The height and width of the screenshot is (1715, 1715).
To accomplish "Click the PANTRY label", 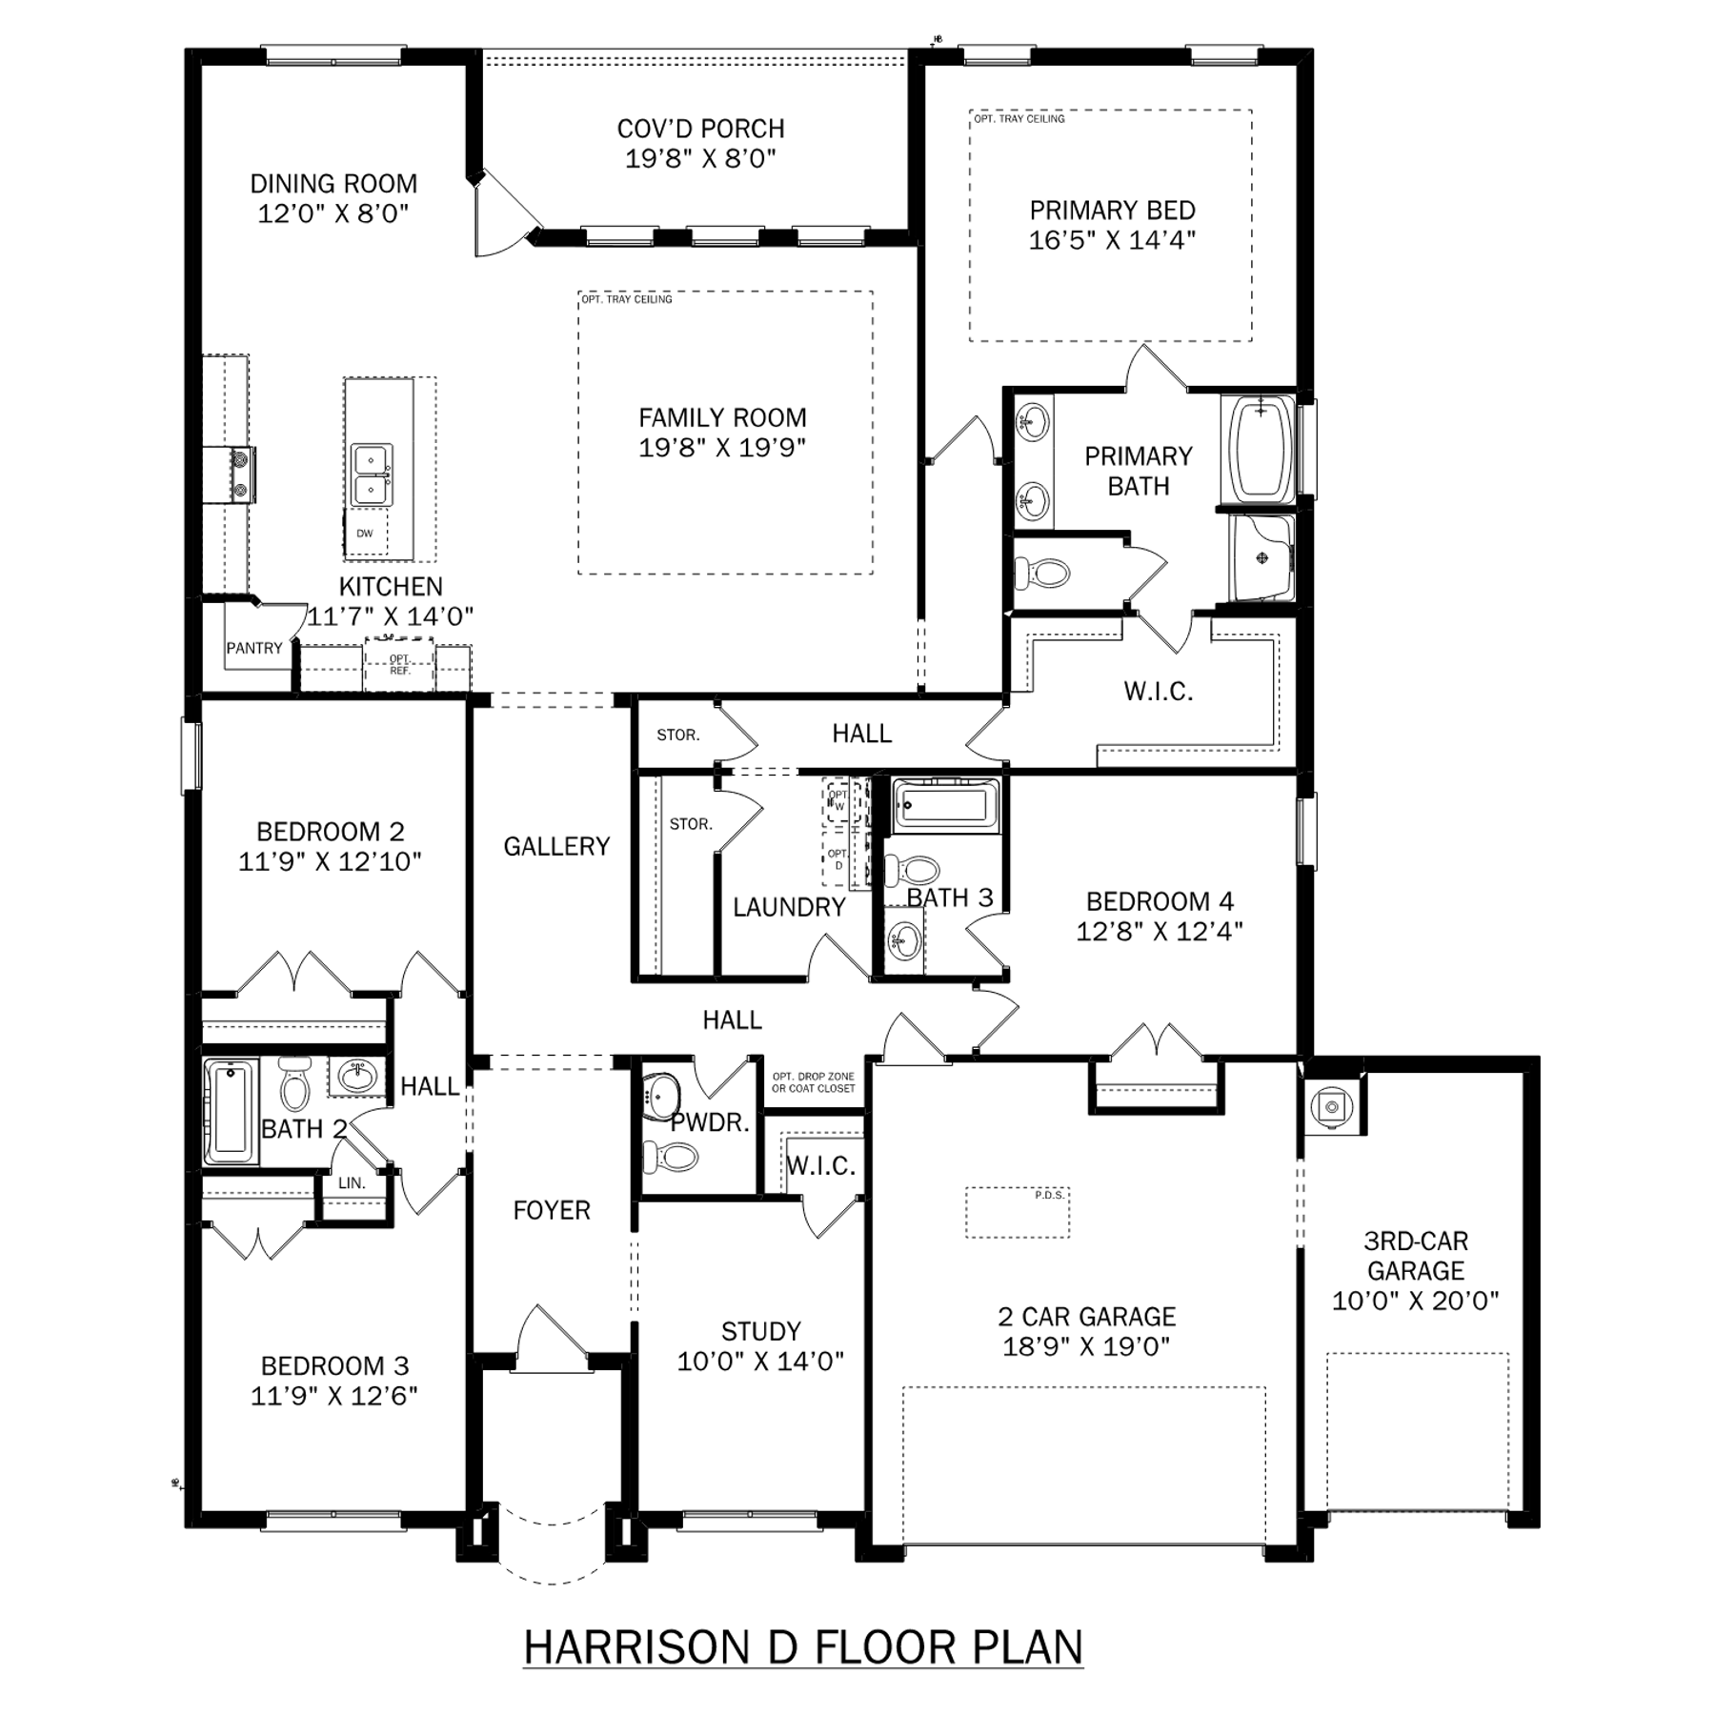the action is [x=254, y=648].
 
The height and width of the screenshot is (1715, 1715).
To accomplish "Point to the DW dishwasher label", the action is [x=365, y=534].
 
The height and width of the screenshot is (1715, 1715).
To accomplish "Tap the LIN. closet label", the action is [x=352, y=1183].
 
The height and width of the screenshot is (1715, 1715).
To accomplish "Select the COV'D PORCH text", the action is [x=701, y=129].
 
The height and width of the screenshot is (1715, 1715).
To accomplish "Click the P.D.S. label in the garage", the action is [x=1048, y=1195].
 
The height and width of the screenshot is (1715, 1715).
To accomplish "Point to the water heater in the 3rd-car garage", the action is [x=1329, y=1106].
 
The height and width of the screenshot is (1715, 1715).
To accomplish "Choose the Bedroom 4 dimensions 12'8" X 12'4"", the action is [x=1160, y=931].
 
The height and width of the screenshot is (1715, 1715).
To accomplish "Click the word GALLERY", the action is [x=556, y=846].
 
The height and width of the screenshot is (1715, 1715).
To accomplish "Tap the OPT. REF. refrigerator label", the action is [x=400, y=664].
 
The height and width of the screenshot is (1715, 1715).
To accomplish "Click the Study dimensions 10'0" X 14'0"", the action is [x=760, y=1362].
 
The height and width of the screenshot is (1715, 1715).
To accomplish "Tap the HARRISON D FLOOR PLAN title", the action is [x=804, y=1647].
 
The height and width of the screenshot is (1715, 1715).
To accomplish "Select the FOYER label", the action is [x=552, y=1210].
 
